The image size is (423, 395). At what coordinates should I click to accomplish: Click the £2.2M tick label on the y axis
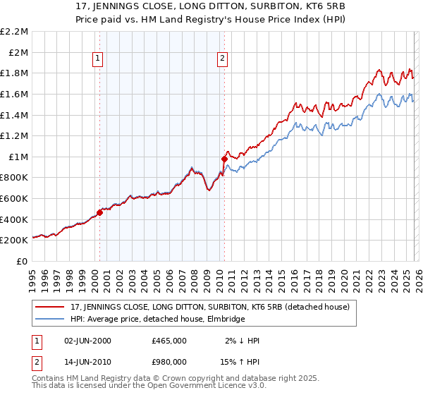click(x=16, y=32)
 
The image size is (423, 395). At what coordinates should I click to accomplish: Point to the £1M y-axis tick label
click(x=18, y=157)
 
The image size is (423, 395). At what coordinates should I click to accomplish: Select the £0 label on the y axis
click(x=23, y=261)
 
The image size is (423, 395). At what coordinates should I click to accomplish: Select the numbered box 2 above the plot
click(x=223, y=59)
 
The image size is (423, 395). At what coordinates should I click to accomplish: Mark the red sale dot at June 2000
click(x=99, y=212)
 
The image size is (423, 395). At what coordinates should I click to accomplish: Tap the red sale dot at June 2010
click(x=224, y=159)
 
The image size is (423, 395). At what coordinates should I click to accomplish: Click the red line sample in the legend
click(x=51, y=307)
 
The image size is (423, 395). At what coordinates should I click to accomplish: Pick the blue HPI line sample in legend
click(x=51, y=319)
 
